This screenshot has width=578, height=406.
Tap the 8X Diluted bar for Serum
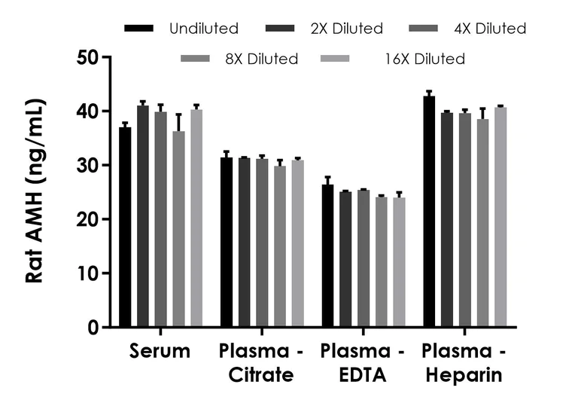178,230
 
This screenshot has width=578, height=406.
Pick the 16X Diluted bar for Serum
196,218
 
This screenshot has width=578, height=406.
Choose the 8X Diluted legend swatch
197,59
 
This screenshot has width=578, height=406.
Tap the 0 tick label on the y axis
93,328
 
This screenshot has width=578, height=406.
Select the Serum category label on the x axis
160,352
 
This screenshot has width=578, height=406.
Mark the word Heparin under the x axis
462,374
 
